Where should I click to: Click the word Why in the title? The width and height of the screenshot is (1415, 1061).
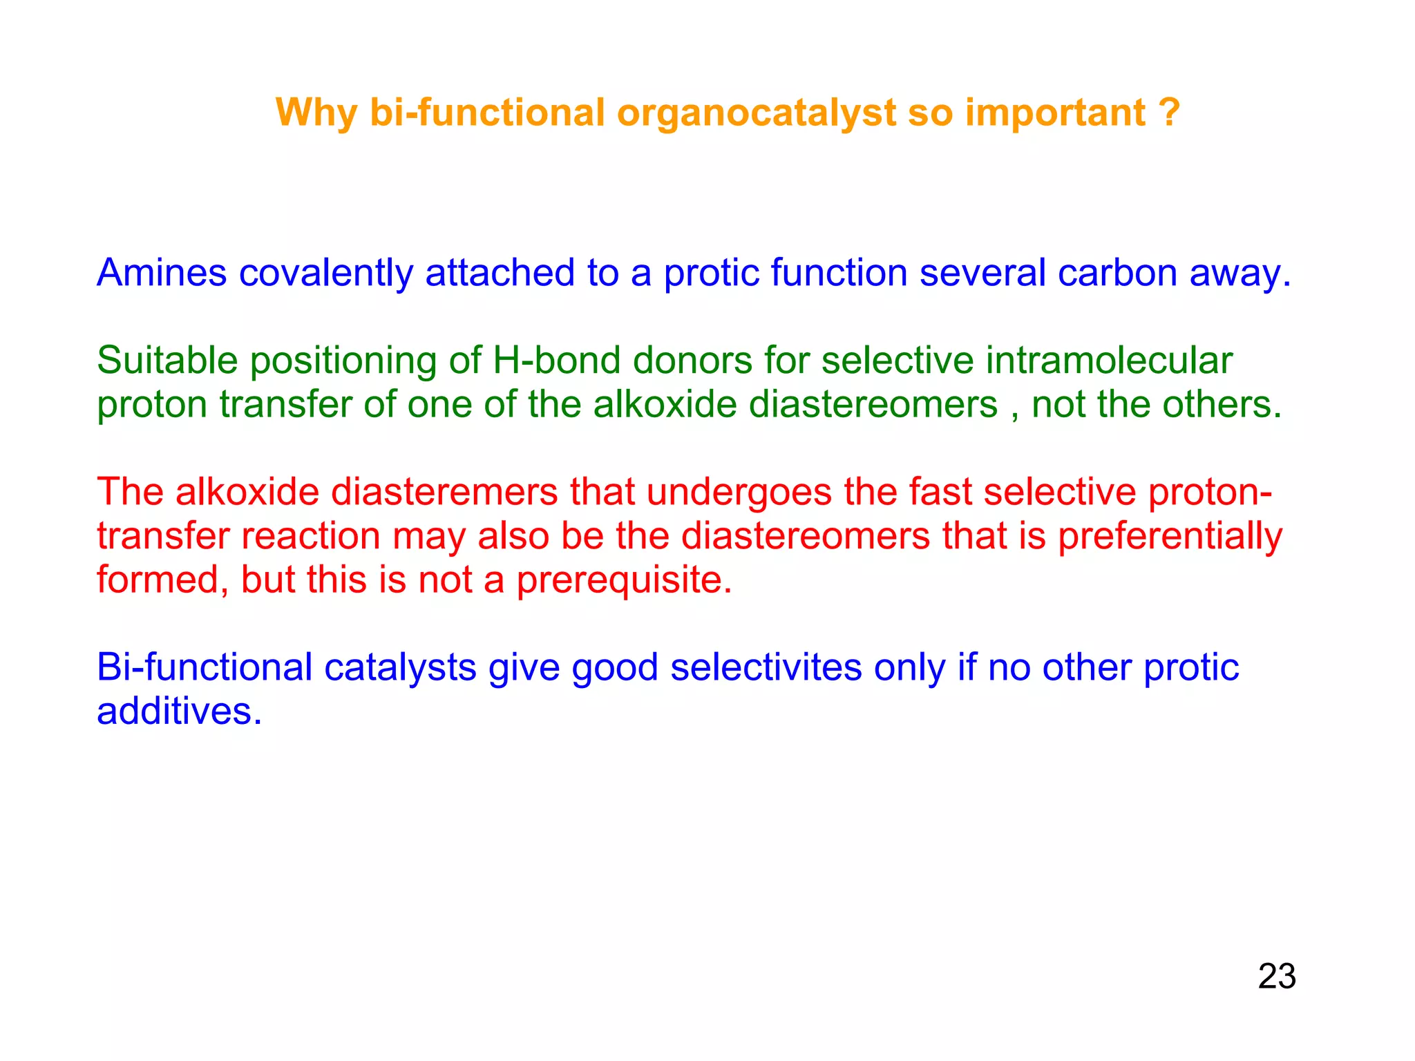[x=316, y=113]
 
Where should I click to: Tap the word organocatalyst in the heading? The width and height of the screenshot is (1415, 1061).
[x=756, y=114]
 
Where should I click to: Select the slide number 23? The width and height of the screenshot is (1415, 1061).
[x=1277, y=977]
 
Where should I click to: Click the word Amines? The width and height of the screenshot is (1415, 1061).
[x=162, y=273]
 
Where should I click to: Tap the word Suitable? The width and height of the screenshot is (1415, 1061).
[x=167, y=361]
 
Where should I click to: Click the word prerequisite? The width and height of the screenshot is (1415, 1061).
[x=624, y=581]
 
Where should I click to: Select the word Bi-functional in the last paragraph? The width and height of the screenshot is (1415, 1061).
[x=205, y=668]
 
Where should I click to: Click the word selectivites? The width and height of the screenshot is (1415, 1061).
[x=766, y=668]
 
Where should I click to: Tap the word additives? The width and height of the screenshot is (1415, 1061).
[x=179, y=711]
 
